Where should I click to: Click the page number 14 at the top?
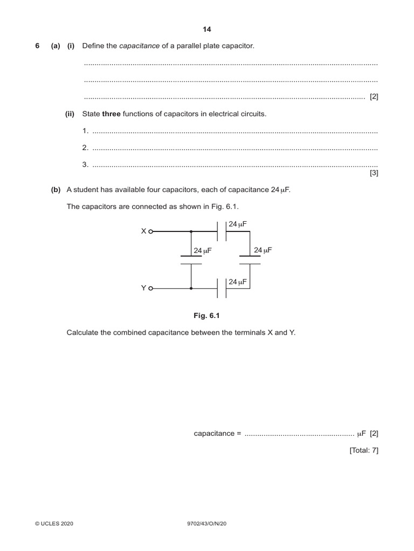pos(207,30)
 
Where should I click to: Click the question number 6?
pos(38,46)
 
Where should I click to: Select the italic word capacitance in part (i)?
pos(139,46)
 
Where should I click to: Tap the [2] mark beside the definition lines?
pos(374,97)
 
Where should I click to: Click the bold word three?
pos(112,114)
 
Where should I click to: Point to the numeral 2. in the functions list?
pos(85,148)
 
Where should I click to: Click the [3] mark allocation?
pos(374,173)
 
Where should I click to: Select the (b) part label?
pos(56,189)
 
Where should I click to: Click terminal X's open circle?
pos(151,231)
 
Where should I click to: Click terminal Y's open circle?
pos(151,288)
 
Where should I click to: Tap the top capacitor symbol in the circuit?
pos(222,231)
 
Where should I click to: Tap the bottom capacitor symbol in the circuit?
pos(222,288)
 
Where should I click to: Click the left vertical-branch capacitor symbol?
pos(191,260)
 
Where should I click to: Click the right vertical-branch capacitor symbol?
pos(250,260)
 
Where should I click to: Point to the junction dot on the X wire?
pos(191,231)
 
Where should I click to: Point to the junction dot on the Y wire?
pos(191,288)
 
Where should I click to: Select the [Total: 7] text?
pos(364,450)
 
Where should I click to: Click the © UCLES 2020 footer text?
pos(54,524)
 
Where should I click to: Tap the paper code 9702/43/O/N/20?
pos(207,524)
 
